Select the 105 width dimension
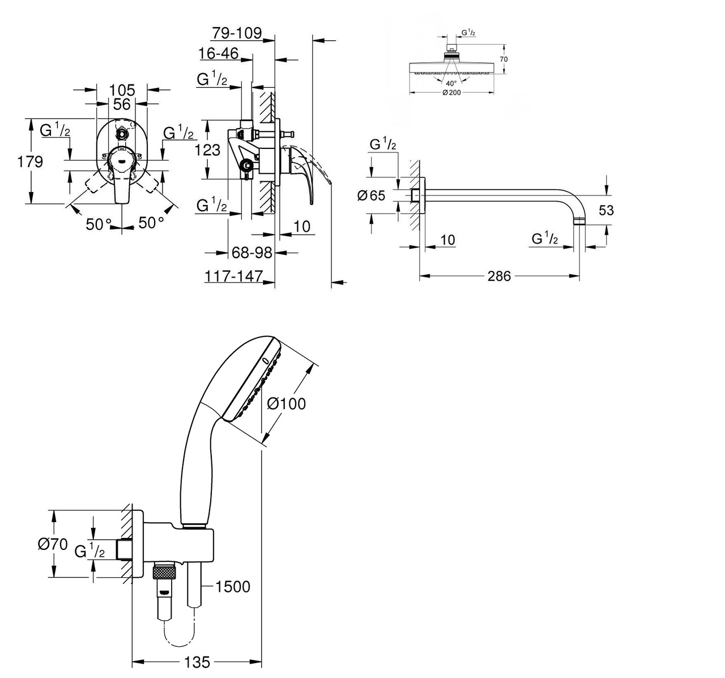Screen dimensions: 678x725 (x=122, y=89)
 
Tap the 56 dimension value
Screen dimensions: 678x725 (x=121, y=104)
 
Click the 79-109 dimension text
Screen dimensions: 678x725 (x=237, y=33)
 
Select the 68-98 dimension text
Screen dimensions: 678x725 (x=252, y=252)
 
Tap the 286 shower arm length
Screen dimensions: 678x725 (x=498, y=276)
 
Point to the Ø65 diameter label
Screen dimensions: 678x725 (x=371, y=195)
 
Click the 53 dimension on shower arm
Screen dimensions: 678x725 (x=605, y=210)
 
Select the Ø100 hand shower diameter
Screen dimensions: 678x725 (x=285, y=403)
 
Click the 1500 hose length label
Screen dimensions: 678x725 (x=232, y=586)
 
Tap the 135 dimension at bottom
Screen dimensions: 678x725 (x=197, y=662)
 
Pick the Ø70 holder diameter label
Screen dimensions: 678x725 (x=52, y=544)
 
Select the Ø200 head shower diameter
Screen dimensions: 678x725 (x=451, y=92)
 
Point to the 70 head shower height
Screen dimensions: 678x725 (x=504, y=59)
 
